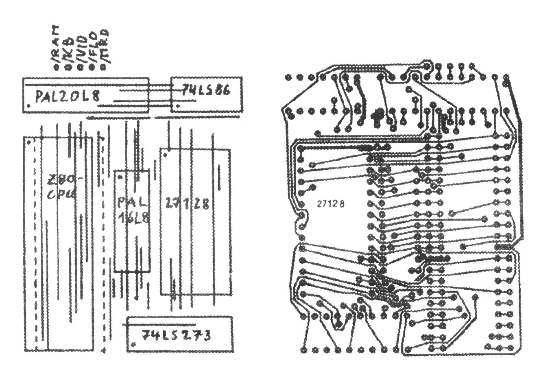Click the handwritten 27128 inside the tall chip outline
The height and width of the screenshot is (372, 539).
(x=188, y=204)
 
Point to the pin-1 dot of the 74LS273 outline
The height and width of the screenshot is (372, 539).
(x=134, y=344)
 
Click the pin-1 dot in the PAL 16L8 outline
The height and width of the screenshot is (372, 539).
(x=120, y=177)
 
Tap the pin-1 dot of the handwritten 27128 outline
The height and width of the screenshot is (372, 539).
(x=165, y=155)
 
